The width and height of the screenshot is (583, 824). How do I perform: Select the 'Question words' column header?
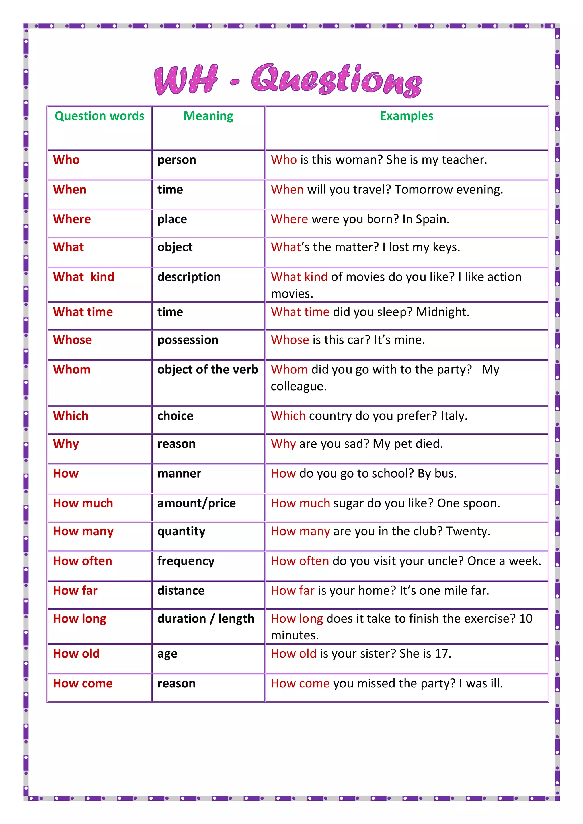99,116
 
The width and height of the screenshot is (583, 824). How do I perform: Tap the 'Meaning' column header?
208,116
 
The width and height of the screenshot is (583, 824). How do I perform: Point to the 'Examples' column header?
406,116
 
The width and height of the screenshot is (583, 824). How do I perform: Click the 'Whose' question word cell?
72,340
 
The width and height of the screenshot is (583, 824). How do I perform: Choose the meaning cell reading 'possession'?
188,340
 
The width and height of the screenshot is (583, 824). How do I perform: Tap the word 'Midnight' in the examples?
442,312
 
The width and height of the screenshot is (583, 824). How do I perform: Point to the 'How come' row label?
83,683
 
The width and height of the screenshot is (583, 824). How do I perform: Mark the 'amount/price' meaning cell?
196,503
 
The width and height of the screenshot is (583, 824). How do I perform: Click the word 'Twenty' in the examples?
467,531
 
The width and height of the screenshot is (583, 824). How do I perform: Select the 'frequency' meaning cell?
186,561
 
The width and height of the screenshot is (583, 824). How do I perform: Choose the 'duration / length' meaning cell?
206,619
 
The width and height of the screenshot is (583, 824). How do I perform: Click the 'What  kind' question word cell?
83,277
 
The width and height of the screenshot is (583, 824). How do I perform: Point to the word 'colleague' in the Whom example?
298,386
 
